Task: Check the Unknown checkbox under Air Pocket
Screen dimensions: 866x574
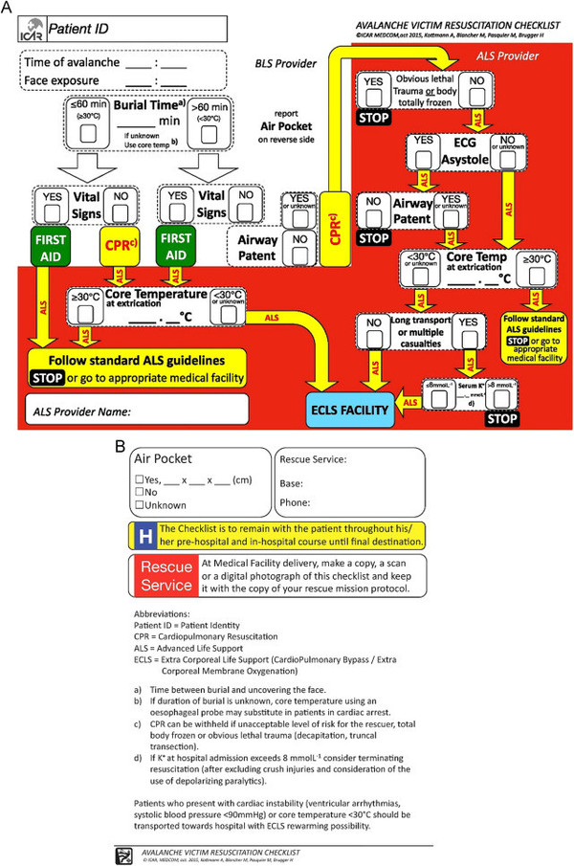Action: coord(141,503)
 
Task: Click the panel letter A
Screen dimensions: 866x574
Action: coord(9,8)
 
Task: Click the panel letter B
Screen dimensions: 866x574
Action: coord(120,444)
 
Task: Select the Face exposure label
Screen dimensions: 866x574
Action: coord(61,81)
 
